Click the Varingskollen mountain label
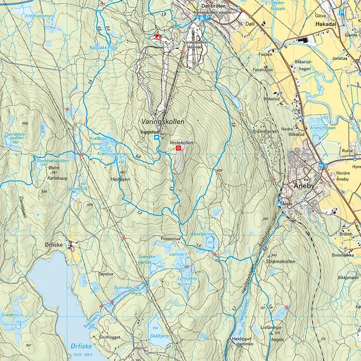pyautogui.click(x=163, y=121)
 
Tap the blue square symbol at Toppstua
pyautogui.click(x=156, y=137)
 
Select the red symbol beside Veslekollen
pyautogui.click(x=179, y=148)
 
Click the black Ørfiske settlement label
pyautogui.click(x=55, y=245)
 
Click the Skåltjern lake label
pyautogui.click(x=160, y=335)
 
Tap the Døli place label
pyautogui.click(x=250, y=24)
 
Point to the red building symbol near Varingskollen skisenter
pyautogui.click(x=158, y=37)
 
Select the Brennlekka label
pyautogui.click(x=342, y=255)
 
